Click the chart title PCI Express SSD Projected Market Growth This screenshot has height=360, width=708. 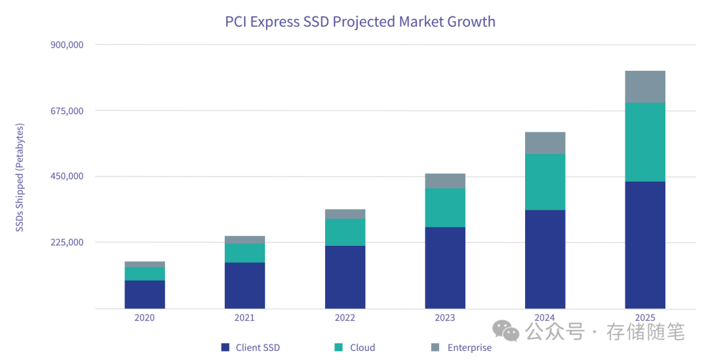360,22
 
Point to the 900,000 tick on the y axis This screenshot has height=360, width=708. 67,45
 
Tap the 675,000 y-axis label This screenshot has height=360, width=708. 67,110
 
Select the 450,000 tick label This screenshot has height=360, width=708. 67,176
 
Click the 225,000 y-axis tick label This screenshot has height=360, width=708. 67,243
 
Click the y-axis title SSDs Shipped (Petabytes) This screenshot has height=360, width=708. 20,177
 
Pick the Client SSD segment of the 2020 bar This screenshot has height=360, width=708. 145,294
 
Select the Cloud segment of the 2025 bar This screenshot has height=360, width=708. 645,142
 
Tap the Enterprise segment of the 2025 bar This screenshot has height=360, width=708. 645,87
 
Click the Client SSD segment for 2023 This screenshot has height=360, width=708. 445,268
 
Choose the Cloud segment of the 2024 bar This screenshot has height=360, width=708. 545,182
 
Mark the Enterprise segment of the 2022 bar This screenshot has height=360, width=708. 345,214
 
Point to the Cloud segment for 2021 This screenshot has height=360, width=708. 245,253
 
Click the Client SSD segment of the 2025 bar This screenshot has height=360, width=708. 645,245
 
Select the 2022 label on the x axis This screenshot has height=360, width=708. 345,318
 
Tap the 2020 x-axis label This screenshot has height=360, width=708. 145,318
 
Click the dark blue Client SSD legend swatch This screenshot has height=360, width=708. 226,348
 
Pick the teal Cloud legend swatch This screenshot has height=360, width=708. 338,348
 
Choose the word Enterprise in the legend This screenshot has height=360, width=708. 469,348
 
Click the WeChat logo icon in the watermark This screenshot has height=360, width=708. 506,331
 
